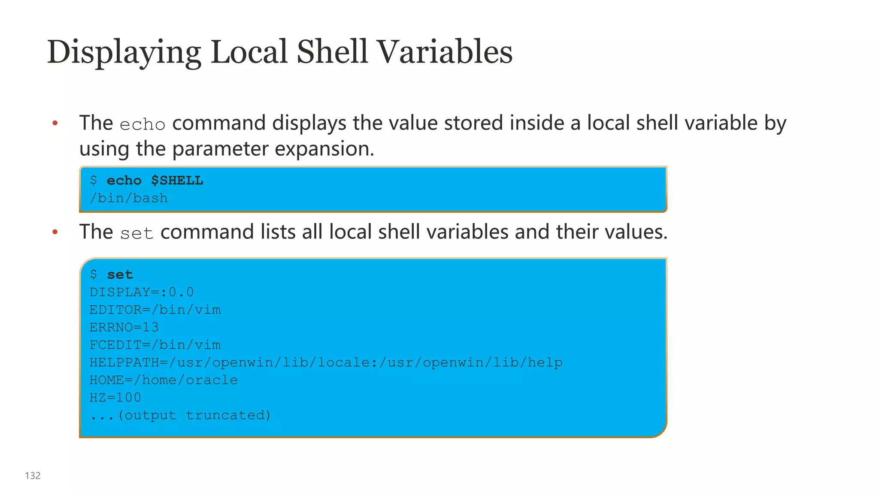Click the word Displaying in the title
pyautogui.click(x=124, y=52)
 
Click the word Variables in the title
pyautogui.click(x=445, y=52)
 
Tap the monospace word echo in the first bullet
pyautogui.click(x=142, y=125)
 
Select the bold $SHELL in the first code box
pyautogui.click(x=177, y=181)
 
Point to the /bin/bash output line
pyautogui.click(x=129, y=198)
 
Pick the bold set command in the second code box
pyautogui.click(x=120, y=274)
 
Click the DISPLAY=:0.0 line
pyautogui.click(x=142, y=292)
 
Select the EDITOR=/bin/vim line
pyautogui.click(x=155, y=310)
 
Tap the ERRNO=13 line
pyautogui.click(x=124, y=328)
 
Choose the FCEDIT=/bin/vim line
pyautogui.click(x=155, y=345)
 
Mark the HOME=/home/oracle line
pyautogui.click(x=164, y=380)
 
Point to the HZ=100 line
pyautogui.click(x=115, y=398)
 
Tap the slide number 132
pyautogui.click(x=33, y=476)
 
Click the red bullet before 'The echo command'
pyautogui.click(x=55, y=124)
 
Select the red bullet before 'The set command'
pyautogui.click(x=55, y=232)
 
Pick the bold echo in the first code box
pyautogui.click(x=124, y=181)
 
